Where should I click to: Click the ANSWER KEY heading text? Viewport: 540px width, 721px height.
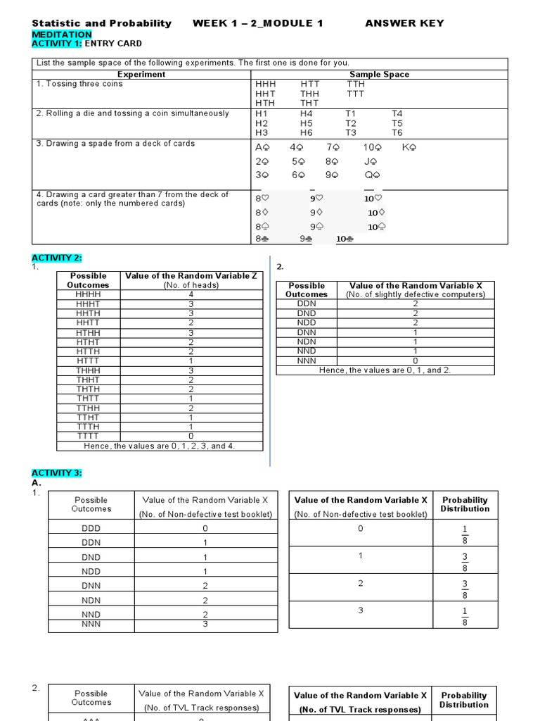404,23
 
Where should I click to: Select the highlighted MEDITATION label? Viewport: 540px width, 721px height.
62,34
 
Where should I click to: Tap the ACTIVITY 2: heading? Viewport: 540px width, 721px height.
57,258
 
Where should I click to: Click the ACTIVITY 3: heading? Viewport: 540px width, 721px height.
57,473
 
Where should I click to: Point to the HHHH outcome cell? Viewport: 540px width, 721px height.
89,294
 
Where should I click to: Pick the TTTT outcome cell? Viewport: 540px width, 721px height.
89,436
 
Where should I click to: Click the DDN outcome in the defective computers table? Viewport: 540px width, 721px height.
307,303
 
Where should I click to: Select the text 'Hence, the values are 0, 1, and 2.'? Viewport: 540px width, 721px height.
385,370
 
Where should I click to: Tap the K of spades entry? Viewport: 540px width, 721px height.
409,148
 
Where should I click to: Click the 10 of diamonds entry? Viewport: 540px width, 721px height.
376,213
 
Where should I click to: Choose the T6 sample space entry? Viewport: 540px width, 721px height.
397,132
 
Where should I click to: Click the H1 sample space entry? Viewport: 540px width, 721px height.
262,113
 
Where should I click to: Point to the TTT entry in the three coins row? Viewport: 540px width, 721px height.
356,94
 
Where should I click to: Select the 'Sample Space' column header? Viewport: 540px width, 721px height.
379,74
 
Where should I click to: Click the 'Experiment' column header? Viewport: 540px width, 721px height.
141,74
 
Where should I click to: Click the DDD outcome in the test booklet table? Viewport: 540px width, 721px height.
91,528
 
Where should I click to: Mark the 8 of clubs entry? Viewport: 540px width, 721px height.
262,239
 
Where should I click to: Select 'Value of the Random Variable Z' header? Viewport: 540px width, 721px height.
191,276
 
